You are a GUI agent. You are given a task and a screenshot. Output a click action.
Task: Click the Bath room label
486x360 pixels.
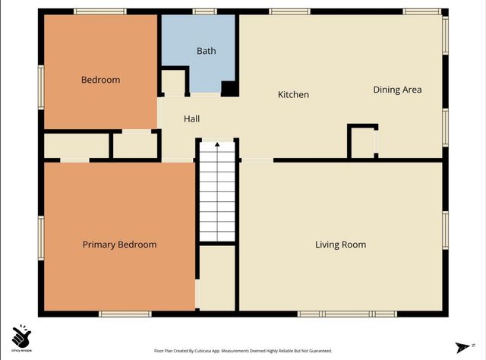pos(207,52)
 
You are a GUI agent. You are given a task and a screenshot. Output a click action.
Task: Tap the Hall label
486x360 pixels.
pos(191,119)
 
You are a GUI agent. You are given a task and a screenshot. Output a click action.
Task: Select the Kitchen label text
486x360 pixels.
pos(293,95)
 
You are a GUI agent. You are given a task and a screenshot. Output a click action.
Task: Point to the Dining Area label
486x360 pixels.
pos(397,90)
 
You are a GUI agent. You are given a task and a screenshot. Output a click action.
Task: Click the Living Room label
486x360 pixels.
pos(341,245)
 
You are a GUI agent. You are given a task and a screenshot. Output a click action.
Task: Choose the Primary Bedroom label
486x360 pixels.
pos(119,245)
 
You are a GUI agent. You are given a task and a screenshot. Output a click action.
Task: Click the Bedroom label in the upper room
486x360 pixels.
pos(100,80)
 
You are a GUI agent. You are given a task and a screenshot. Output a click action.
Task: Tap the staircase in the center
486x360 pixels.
pos(217,190)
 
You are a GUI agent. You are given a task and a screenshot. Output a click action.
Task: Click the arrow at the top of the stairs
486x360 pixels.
pos(217,143)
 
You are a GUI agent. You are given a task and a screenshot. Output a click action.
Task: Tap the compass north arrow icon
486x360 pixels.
pos(459,346)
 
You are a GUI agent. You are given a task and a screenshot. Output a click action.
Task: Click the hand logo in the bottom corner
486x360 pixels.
pos(21,335)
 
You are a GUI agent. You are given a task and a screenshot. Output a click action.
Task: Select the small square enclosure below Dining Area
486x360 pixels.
pos(362,141)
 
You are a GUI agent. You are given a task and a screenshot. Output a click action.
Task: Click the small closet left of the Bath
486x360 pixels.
pos(173,81)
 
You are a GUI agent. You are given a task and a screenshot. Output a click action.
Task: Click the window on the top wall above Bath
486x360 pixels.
pos(204,11)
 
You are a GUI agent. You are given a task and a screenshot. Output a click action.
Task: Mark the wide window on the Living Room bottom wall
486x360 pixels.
pos(347,313)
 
